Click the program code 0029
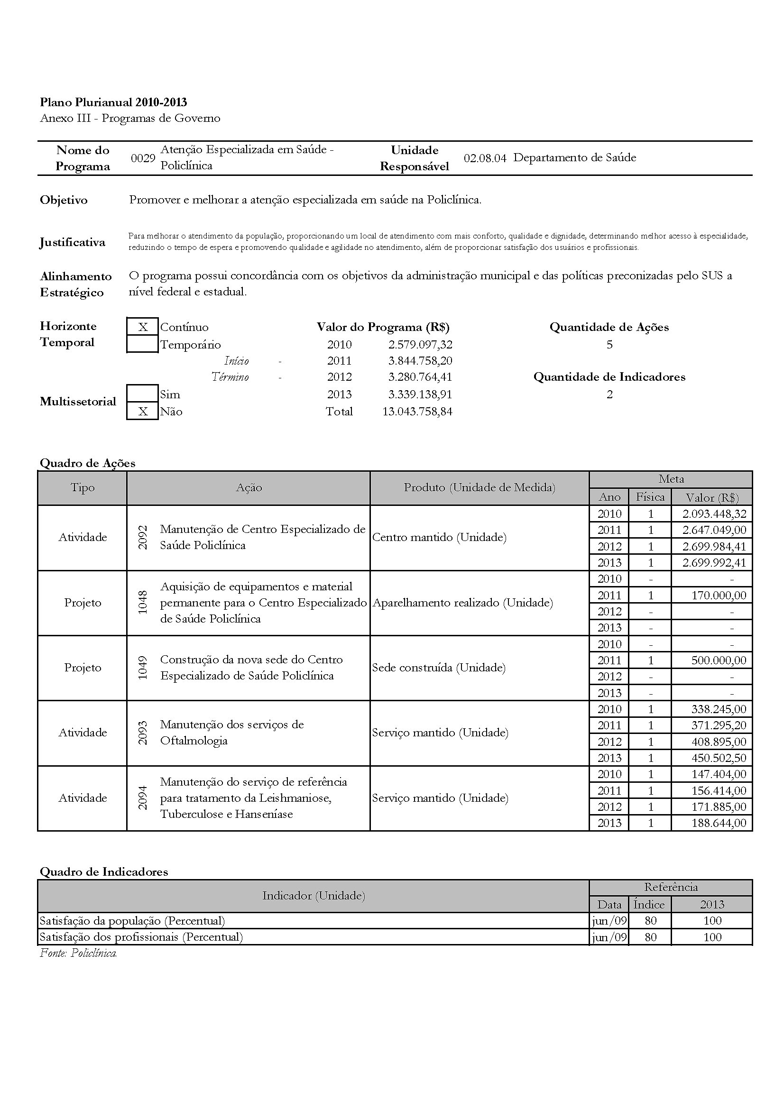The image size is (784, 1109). [143, 158]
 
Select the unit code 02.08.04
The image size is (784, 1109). [485, 158]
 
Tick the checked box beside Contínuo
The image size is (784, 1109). [142, 327]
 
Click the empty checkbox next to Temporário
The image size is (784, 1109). [142, 344]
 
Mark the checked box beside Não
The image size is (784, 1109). [142, 412]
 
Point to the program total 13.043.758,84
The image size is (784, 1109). [417, 412]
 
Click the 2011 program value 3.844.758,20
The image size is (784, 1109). [420, 361]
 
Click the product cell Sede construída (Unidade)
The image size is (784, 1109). [439, 668]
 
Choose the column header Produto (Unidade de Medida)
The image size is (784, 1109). [479, 488]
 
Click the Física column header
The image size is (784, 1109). [650, 497]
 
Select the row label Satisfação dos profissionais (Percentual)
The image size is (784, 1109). [141, 937]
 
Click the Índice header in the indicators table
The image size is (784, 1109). [649, 904]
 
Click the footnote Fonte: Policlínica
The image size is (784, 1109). [78, 953]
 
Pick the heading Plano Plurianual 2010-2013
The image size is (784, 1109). [113, 102]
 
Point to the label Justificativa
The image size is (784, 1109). [73, 242]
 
